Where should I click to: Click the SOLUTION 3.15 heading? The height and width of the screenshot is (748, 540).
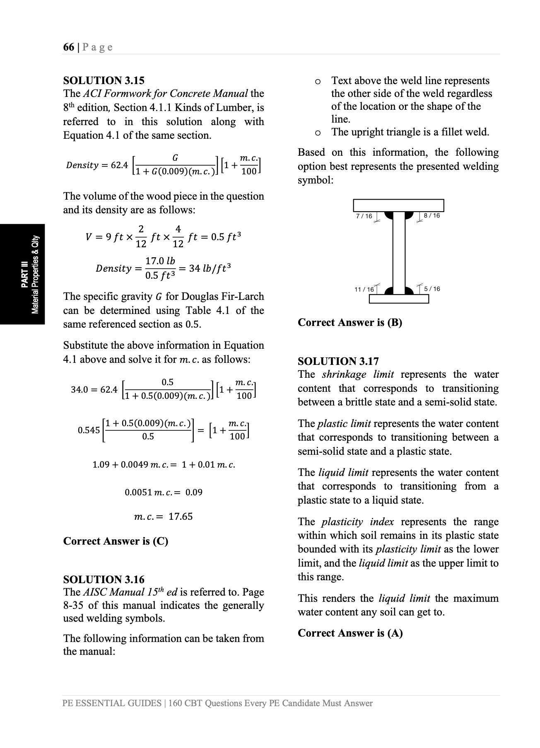(x=104, y=80)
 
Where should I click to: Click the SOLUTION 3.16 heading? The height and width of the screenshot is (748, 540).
(x=104, y=579)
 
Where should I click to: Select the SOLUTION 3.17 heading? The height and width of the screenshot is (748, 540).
(x=338, y=361)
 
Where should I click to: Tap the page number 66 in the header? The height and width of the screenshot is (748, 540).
(x=69, y=47)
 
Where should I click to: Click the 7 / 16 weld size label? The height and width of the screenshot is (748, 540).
(x=364, y=216)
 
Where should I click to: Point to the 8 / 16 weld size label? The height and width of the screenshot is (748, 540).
(x=432, y=215)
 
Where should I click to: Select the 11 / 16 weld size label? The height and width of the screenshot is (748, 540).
(x=364, y=289)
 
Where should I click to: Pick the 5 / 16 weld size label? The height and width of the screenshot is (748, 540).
(x=432, y=289)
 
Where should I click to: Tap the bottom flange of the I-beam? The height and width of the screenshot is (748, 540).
(x=398, y=299)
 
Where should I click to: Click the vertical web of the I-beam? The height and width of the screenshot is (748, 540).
(x=398, y=253)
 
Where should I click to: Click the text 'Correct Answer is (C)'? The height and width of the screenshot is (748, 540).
(x=116, y=541)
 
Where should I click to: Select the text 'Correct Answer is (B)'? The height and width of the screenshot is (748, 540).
(x=350, y=322)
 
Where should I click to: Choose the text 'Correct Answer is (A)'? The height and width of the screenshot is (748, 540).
(x=350, y=633)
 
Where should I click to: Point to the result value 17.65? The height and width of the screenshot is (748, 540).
(x=181, y=516)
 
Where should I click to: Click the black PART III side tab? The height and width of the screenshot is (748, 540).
(x=22, y=274)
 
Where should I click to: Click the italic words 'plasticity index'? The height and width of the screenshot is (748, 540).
(x=357, y=521)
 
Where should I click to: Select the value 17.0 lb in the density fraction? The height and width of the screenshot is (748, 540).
(x=160, y=261)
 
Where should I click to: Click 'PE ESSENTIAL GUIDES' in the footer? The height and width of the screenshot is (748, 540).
(x=112, y=703)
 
